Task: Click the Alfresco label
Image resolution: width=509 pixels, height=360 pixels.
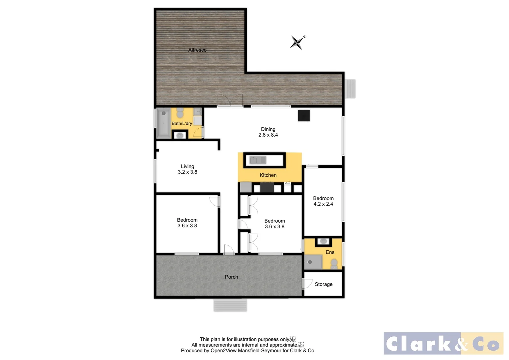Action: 197,50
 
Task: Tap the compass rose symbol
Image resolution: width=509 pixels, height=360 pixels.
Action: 297,42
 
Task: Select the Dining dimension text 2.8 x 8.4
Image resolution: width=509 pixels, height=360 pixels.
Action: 268,135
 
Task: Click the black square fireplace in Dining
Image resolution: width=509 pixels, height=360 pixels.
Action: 303,115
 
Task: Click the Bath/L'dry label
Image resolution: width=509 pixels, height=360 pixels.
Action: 182,123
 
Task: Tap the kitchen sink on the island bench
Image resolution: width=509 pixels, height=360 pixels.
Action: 257,160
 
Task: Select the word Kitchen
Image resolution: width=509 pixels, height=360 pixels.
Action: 268,175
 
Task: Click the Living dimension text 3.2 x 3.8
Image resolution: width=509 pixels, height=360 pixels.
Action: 187,172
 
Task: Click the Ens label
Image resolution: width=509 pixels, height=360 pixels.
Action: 330,252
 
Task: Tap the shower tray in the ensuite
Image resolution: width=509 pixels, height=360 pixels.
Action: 313,262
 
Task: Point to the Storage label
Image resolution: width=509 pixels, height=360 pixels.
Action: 323,284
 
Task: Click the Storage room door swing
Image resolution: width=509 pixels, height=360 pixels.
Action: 307,284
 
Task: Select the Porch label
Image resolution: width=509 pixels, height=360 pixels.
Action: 231,277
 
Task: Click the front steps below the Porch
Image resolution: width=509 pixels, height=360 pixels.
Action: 230,305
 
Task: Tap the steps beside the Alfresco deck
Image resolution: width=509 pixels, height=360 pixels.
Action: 350,89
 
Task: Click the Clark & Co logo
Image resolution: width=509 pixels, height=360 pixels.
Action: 443,343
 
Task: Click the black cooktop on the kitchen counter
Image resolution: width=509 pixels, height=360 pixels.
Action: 267,187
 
